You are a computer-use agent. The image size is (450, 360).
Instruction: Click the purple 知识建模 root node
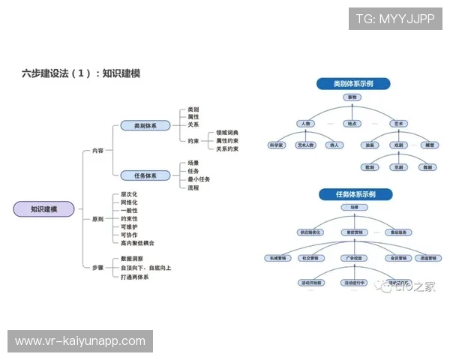pyautogui.click(x=43, y=209)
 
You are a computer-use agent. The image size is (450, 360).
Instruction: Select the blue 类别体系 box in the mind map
pyautogui.click(x=145, y=125)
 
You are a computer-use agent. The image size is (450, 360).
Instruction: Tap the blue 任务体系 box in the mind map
pyautogui.click(x=145, y=175)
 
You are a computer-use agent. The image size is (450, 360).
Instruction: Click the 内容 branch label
pyautogui.click(x=97, y=151)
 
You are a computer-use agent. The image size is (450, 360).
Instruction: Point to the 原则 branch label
pyautogui.click(x=97, y=219)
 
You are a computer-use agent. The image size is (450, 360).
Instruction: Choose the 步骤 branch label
pyautogui.click(x=97, y=268)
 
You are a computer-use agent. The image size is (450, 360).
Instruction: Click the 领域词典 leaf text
pyautogui.click(x=227, y=133)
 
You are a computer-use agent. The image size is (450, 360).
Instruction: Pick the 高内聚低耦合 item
pyautogui.click(x=137, y=243)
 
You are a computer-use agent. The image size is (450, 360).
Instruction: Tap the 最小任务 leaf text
pyautogui.click(x=199, y=179)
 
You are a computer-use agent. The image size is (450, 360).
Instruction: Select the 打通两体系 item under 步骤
pyautogui.click(x=135, y=277)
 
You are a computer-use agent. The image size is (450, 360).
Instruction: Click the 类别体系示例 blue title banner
pyautogui.click(x=353, y=83)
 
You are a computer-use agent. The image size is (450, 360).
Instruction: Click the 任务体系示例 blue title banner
pyautogui.click(x=353, y=194)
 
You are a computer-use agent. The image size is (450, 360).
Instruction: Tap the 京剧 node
pyautogui.click(x=398, y=166)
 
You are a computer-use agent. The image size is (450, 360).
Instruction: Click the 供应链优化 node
pyautogui.click(x=309, y=232)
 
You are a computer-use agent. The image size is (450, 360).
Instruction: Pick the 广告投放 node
pyautogui.click(x=353, y=258)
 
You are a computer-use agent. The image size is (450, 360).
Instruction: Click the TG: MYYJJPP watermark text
pyautogui.click(x=395, y=19)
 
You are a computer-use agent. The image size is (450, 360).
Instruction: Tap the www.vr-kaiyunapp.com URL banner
pyautogui.click(x=80, y=341)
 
